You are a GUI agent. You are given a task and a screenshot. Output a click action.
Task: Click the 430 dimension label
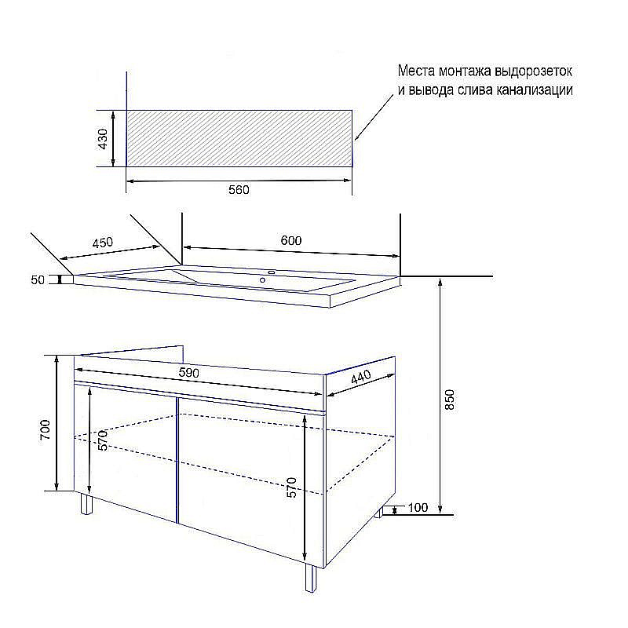tap(103, 139)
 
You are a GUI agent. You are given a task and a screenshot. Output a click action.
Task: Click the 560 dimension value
tap(239, 190)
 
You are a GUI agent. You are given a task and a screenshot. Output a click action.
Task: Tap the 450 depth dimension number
tap(103, 243)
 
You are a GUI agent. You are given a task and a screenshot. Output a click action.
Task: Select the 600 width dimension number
tap(291, 240)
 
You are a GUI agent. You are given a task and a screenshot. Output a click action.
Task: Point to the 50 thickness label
tap(38, 279)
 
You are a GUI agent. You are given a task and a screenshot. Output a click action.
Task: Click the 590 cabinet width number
tap(188, 373)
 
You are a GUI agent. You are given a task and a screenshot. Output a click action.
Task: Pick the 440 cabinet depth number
tap(361, 377)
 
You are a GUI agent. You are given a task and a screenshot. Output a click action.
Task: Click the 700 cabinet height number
tap(45, 430)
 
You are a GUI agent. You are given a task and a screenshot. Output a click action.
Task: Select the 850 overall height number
tap(450, 400)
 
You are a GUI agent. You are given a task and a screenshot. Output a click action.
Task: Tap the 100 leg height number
tap(418, 507)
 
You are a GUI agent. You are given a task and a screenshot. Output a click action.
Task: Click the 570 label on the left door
tap(103, 440)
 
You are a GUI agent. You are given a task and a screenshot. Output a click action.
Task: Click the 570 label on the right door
tap(292, 487)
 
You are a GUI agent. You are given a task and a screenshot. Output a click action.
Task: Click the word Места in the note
tap(416, 71)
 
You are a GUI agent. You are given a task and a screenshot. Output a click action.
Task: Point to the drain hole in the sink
tap(262, 280)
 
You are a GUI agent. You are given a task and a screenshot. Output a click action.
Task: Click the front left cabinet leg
tap(86, 503)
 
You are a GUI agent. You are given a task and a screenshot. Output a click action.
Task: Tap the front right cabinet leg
tap(311, 578)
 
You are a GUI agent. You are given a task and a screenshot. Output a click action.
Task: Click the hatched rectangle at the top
tap(239, 138)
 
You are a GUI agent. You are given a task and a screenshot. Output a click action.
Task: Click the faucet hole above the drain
tap(272, 272)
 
